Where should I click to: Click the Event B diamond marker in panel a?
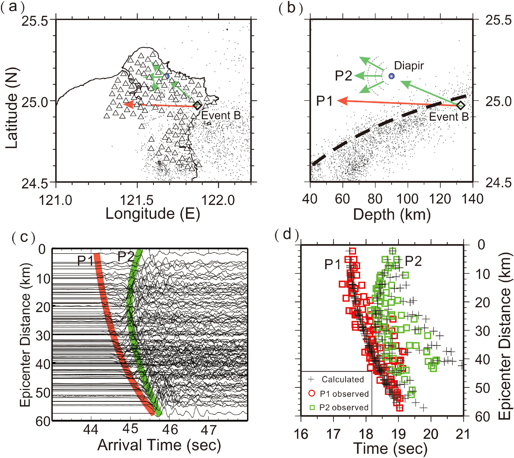point(197,105)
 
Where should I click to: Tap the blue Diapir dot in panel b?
point(391,76)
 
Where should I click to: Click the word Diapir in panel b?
point(409,66)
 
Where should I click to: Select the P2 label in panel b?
point(343,76)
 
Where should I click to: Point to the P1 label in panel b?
point(324,101)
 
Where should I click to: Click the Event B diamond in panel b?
point(460,105)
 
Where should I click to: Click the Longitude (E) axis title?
point(153,214)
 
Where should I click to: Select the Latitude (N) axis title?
point(12,108)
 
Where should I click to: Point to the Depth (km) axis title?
point(391,215)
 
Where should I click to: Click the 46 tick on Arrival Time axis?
point(170,430)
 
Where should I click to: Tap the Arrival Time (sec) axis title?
point(159,445)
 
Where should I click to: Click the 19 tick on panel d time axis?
point(398,434)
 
